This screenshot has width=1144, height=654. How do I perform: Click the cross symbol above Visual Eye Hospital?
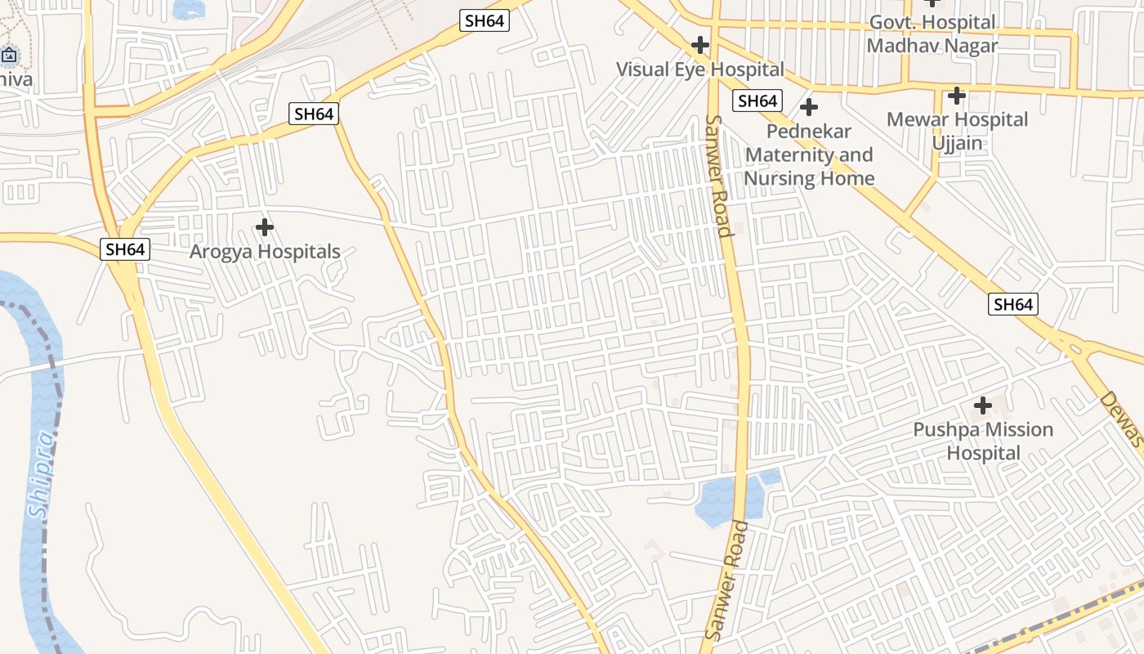[700, 44]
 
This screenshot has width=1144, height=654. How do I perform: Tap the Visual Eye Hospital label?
[699, 69]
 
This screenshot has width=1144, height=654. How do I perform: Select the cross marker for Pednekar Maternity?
[809, 107]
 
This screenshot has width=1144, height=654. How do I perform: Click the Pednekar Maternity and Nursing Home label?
[809, 155]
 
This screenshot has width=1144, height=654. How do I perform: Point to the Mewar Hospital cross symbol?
[957, 96]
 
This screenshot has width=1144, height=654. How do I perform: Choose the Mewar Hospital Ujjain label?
[957, 131]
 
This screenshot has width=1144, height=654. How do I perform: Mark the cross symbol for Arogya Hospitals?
[265, 226]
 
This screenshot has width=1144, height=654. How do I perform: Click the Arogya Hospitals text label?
[265, 252]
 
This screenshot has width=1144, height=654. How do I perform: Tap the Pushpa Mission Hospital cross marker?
[983, 405]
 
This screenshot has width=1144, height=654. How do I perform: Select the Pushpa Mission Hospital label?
[983, 441]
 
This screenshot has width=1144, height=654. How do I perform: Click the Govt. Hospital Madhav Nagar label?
[932, 34]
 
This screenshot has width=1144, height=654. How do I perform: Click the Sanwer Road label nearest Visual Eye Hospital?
[717, 176]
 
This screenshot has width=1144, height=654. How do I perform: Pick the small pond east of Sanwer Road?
[770, 477]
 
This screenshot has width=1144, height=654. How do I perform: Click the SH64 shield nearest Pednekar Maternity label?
[757, 101]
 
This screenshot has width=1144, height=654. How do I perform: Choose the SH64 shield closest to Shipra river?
[125, 249]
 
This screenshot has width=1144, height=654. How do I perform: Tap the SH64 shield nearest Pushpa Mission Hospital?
[1013, 305]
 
